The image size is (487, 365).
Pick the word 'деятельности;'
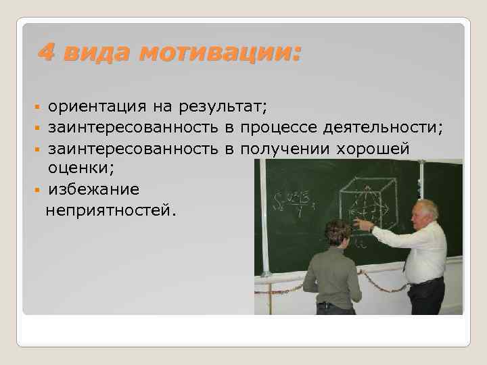(x=384, y=127)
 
